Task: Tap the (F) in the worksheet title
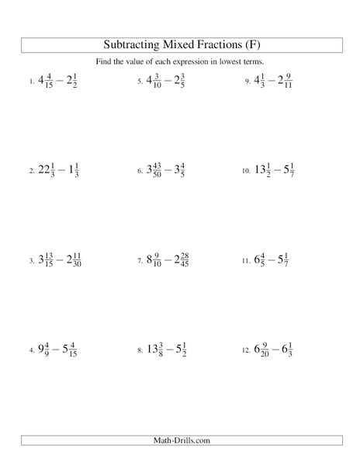(x=248, y=43)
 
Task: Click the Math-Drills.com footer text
(x=180, y=441)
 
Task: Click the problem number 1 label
(x=31, y=82)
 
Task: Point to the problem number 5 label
(x=140, y=82)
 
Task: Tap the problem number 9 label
(x=247, y=82)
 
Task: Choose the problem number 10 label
(x=247, y=172)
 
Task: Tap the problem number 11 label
(x=247, y=261)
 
